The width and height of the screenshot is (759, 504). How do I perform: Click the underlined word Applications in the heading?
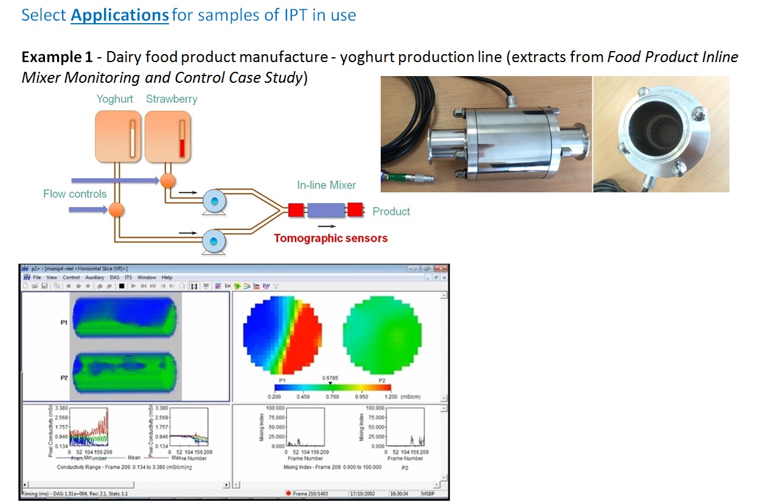coord(120,15)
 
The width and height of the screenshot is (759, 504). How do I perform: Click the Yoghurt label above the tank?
coord(114,99)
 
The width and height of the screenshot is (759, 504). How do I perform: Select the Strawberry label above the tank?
coord(172,99)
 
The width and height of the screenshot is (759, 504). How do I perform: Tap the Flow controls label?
coord(75,194)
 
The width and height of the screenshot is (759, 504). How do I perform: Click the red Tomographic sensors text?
coord(330,238)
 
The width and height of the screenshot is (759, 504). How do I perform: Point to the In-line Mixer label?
coord(326,185)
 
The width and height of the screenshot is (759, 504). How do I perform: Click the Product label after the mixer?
coord(391,211)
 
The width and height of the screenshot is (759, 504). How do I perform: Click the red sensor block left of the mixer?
coord(296,211)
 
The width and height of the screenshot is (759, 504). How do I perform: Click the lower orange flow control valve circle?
coord(116,210)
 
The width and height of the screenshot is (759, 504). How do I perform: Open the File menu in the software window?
coord(36,277)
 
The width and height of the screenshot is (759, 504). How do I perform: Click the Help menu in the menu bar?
coord(167,277)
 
